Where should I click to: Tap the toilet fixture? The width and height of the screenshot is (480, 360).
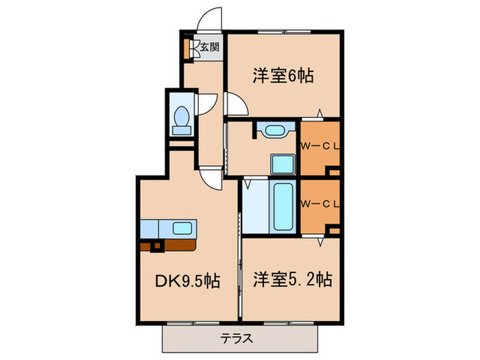pyautogui.click(x=182, y=119)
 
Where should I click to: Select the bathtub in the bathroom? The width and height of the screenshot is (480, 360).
pyautogui.click(x=283, y=206)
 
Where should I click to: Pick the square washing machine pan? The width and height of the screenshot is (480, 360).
pyautogui.click(x=282, y=165)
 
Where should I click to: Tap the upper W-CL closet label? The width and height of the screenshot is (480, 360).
pyautogui.click(x=319, y=145)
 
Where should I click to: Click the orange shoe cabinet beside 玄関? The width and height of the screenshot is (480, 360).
pyautogui.click(x=187, y=48)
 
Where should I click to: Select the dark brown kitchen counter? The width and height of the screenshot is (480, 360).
pyautogui.click(x=171, y=243)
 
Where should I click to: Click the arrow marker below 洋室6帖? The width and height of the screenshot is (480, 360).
pyautogui.click(x=320, y=112)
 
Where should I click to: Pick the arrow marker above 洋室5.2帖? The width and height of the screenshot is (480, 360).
pyautogui.click(x=320, y=241)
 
